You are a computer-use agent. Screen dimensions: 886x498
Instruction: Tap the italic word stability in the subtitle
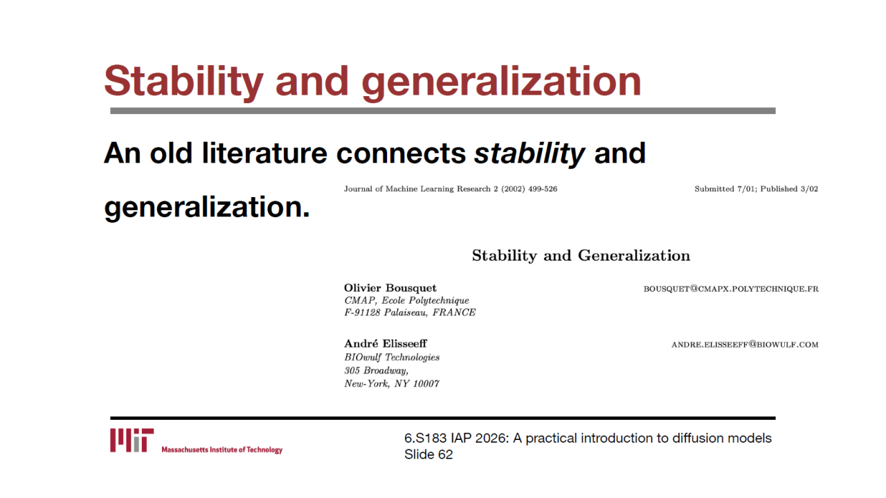tap(530, 154)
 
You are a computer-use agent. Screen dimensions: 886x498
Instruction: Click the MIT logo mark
tap(132, 440)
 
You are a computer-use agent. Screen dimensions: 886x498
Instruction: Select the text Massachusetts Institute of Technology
tap(222, 450)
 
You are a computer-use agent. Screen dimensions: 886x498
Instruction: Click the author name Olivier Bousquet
tap(390, 288)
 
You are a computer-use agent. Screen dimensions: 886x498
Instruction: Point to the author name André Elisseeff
tap(386, 343)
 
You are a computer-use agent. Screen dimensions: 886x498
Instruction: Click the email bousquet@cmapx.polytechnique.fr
tap(731, 289)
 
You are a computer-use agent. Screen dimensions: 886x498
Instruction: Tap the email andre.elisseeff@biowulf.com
tap(745, 344)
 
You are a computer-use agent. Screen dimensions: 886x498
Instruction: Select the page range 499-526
tap(543, 189)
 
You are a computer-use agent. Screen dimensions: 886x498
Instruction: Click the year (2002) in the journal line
tap(513, 189)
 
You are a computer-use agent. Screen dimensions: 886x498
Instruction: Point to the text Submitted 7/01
tap(725, 189)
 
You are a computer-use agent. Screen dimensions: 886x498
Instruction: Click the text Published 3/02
tap(789, 189)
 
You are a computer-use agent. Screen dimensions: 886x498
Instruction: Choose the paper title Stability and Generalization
tap(581, 256)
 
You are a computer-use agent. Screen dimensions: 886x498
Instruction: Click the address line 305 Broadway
tap(376, 371)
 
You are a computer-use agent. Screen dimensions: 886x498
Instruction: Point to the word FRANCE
tap(453, 312)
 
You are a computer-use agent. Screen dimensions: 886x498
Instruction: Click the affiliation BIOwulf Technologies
tap(392, 358)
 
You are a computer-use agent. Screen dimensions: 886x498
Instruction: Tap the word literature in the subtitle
tap(264, 154)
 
